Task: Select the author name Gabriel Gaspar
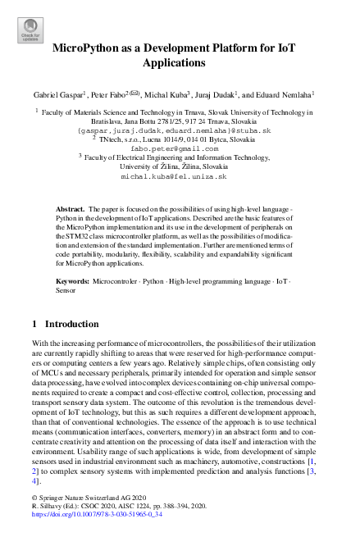pos(62,94)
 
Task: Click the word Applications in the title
pos(179,62)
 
